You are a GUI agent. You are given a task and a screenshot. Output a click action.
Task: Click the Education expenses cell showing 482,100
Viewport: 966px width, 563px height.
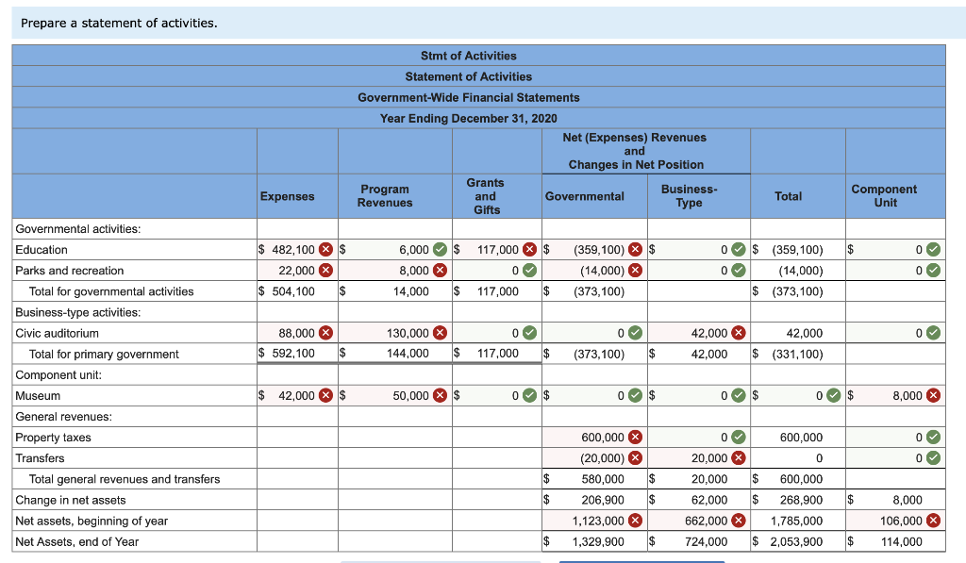pyautogui.click(x=293, y=250)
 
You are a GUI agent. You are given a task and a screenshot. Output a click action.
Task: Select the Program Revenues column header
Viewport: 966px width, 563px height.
pyautogui.click(x=385, y=196)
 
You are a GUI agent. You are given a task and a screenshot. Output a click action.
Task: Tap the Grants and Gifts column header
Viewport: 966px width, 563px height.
pyautogui.click(x=486, y=196)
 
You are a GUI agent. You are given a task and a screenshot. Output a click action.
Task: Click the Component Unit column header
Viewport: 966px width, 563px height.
pyautogui.click(x=884, y=196)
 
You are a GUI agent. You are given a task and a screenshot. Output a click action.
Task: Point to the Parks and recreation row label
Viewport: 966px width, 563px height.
pyautogui.click(x=56, y=271)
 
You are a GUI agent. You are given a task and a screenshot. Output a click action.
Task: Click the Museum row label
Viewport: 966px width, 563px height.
pyautogui.click(x=38, y=396)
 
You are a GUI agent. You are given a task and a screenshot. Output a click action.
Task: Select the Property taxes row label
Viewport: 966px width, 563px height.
pyautogui.click(x=53, y=438)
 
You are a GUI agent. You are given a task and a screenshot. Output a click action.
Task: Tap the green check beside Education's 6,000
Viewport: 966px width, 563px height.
pyautogui.click(x=441, y=250)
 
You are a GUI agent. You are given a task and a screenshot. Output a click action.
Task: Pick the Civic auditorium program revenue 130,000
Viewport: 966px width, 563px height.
pyautogui.click(x=409, y=333)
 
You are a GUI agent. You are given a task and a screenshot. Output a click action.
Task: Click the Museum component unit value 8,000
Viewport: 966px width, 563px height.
pyautogui.click(x=907, y=396)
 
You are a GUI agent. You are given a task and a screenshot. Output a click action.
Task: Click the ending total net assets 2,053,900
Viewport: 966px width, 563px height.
pyautogui.click(x=796, y=541)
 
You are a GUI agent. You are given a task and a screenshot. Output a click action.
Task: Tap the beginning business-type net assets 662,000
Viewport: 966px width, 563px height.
pyautogui.click(x=706, y=521)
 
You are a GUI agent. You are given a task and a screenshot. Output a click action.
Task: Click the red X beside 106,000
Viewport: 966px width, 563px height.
pyautogui.click(x=933, y=521)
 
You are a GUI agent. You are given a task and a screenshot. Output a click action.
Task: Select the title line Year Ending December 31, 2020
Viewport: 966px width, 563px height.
pyautogui.click(x=468, y=118)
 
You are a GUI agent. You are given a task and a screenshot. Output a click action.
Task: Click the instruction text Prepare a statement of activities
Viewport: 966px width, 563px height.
pyautogui.click(x=119, y=23)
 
